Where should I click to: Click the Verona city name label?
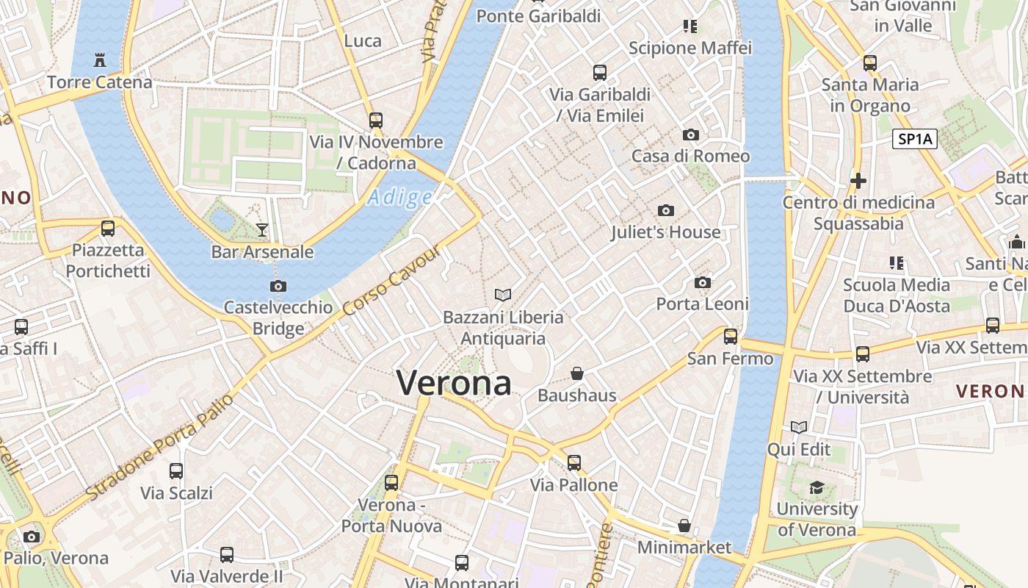[x=454, y=383]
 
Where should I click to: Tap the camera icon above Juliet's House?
[x=666, y=211]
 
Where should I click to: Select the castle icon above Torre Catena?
[x=99, y=60]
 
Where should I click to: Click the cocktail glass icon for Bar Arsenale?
[x=262, y=230]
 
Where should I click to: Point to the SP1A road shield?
[x=915, y=139]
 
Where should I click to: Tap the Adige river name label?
[x=400, y=197]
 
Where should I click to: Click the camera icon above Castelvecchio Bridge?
[x=278, y=286]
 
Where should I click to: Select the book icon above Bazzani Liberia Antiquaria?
[x=503, y=295]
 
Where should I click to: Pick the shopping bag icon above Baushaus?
[x=577, y=373]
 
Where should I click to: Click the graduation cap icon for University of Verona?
[x=817, y=487]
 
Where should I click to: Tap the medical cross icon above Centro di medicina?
[x=858, y=180]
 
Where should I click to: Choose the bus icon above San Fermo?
[x=731, y=337]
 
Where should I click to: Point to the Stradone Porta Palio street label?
[x=160, y=446]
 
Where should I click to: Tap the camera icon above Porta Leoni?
[x=703, y=282]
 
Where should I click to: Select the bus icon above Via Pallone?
[x=574, y=463]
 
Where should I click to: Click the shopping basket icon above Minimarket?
[x=684, y=526]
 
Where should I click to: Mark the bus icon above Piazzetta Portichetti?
[x=108, y=229]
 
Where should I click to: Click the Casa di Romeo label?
[x=691, y=156]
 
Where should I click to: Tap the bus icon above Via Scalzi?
[x=176, y=471]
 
